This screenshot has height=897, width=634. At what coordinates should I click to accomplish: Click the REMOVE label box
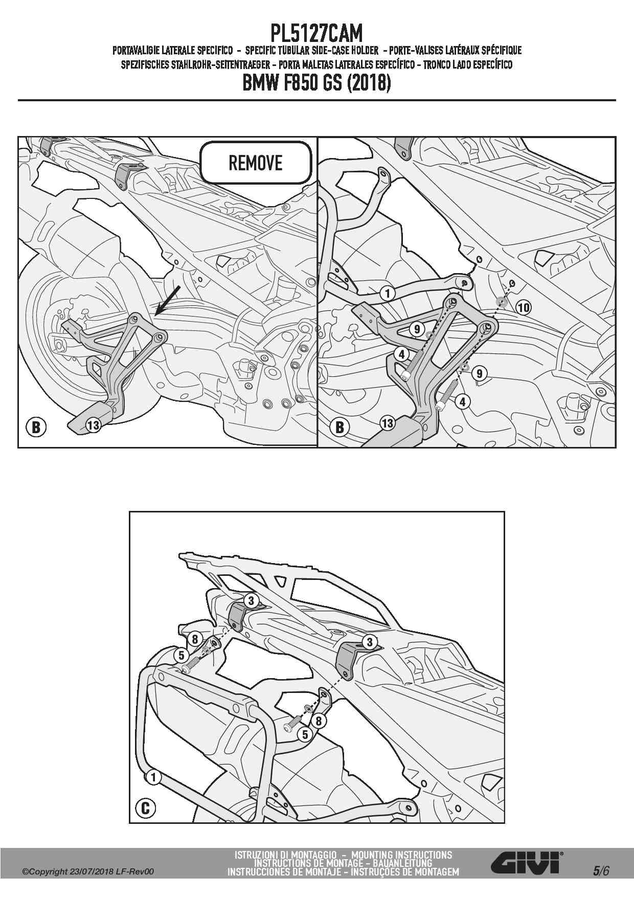(256, 163)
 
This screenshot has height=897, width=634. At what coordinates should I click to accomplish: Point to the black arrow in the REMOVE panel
(168, 300)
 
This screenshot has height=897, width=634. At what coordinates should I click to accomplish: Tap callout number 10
(523, 307)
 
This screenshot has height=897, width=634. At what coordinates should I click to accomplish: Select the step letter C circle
(145, 808)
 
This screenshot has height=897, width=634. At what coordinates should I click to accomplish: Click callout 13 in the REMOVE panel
(93, 424)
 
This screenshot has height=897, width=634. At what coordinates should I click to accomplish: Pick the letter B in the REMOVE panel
(36, 427)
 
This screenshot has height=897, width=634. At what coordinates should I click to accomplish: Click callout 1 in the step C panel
(153, 778)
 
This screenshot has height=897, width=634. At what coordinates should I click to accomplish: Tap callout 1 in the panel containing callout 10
(388, 293)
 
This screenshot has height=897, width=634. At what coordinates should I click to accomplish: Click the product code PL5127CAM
(316, 34)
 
